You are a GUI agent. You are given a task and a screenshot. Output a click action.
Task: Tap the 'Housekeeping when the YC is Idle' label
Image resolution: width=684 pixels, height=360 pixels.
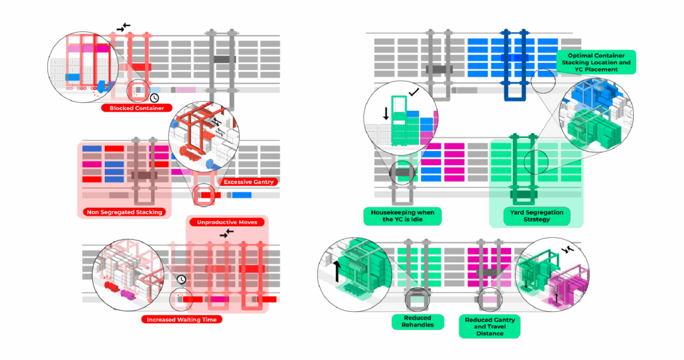click(x=402, y=216)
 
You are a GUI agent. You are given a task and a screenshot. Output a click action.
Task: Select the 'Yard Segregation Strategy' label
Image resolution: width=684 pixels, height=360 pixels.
click(x=536, y=216)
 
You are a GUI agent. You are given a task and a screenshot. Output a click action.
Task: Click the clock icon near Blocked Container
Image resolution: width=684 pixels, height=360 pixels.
click(x=154, y=98)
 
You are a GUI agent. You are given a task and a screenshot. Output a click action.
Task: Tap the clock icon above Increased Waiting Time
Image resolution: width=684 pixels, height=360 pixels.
click(x=181, y=279)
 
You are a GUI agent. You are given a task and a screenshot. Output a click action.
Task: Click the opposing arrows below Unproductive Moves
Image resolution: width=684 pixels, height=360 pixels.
click(x=227, y=232)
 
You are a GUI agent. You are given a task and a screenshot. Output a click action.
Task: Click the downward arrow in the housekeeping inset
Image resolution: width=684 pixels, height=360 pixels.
click(x=386, y=113)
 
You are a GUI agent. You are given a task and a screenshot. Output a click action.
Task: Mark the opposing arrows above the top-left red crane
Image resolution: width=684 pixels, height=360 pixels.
click(x=124, y=27)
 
